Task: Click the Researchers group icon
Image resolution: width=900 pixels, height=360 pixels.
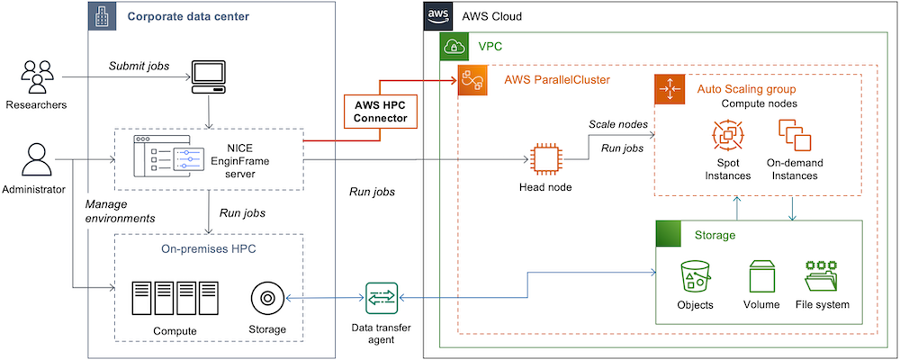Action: click(36, 76)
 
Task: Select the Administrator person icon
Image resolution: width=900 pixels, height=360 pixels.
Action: click(36, 161)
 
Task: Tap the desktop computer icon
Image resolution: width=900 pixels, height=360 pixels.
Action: click(210, 78)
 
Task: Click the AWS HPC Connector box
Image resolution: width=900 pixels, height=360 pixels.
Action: click(379, 111)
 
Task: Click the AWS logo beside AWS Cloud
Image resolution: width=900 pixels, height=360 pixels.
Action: click(437, 16)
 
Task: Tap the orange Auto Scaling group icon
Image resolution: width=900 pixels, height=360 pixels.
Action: click(669, 89)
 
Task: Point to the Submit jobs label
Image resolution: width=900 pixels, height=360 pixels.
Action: click(138, 66)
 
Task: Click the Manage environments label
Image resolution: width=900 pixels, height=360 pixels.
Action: click(121, 211)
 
